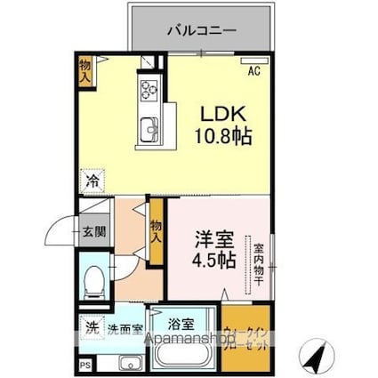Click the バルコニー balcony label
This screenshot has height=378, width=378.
click(x=201, y=30)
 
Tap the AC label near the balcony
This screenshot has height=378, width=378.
click(x=253, y=71)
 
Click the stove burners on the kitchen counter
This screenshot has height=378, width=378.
click(x=148, y=88)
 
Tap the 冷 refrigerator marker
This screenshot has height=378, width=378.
click(x=92, y=181)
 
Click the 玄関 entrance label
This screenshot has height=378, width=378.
click(x=95, y=233)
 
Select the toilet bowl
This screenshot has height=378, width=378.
click(x=91, y=282)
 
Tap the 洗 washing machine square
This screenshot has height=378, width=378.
click(x=91, y=328)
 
